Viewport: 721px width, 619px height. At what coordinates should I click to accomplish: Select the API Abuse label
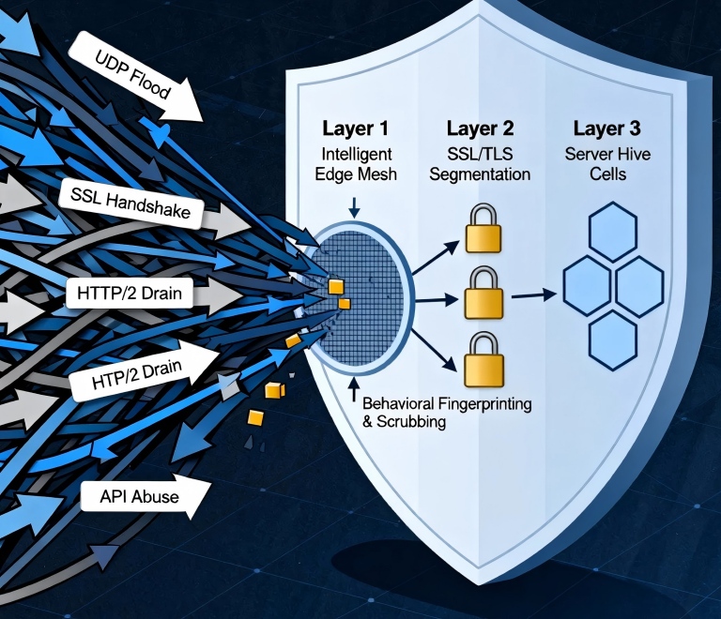pos(139,496)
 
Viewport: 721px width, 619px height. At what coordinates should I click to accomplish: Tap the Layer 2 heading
pos(479,128)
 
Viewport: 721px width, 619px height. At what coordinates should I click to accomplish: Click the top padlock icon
pos(482,227)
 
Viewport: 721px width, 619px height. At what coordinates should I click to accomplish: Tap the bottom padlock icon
pos(482,360)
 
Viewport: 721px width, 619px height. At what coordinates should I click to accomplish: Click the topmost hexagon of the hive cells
pos(610,230)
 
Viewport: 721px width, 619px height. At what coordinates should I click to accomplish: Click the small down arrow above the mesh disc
pos(355,207)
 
